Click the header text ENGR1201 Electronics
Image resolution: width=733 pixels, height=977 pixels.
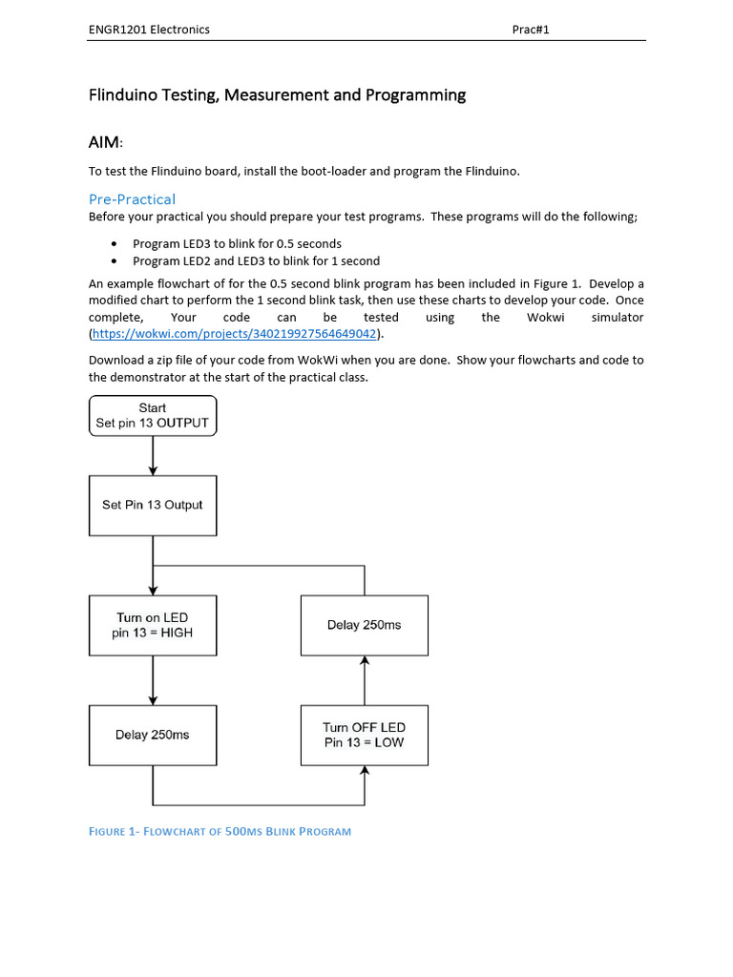[149, 30]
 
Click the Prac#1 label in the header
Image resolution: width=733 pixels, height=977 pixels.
[531, 30]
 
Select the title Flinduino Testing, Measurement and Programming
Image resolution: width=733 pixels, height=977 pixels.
[277, 94]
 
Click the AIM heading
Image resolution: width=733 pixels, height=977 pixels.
[105, 142]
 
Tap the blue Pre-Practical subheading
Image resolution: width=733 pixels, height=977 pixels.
[132, 198]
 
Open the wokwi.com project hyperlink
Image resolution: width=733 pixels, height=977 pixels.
[234, 334]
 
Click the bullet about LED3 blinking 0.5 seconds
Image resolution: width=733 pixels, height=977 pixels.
[237, 243]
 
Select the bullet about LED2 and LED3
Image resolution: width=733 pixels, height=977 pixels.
[256, 260]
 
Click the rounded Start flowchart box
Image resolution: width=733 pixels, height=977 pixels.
[153, 416]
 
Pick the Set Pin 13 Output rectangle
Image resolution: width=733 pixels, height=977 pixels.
[153, 505]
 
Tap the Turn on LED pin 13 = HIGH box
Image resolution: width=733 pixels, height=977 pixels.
[153, 625]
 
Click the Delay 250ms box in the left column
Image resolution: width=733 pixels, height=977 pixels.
[153, 735]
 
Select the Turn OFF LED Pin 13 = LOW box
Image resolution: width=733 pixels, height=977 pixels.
[364, 735]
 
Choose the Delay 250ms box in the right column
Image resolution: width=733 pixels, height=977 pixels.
[364, 625]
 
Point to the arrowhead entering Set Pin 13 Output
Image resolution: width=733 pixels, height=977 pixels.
[153, 470]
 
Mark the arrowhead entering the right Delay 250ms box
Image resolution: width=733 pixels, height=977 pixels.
[364, 661]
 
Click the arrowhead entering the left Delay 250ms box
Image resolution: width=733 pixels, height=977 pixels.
[153, 700]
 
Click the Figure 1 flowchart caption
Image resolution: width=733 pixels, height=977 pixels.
[220, 831]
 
